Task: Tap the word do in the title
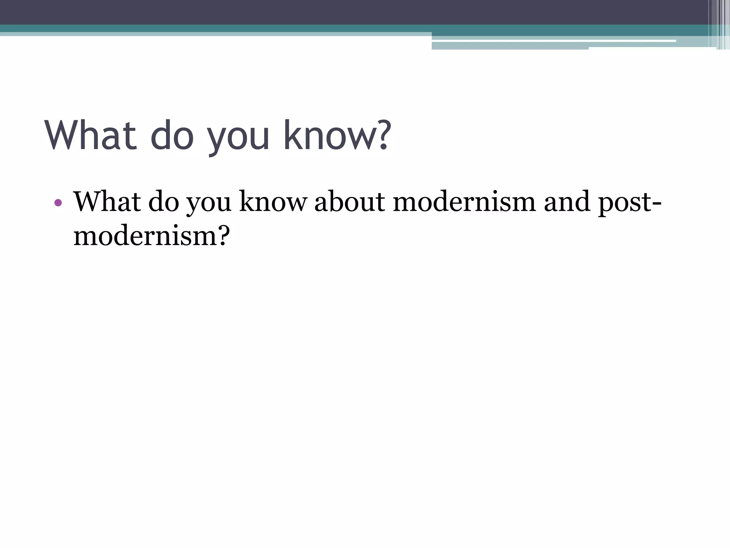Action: pyautogui.click(x=172, y=136)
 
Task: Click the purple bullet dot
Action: pyautogui.click(x=58, y=203)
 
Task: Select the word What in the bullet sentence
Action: pyautogui.click(x=107, y=202)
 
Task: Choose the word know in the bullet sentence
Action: pyautogui.click(x=273, y=202)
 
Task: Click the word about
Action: pyautogui.click(x=350, y=202)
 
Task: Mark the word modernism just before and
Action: pyautogui.click(x=464, y=202)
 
